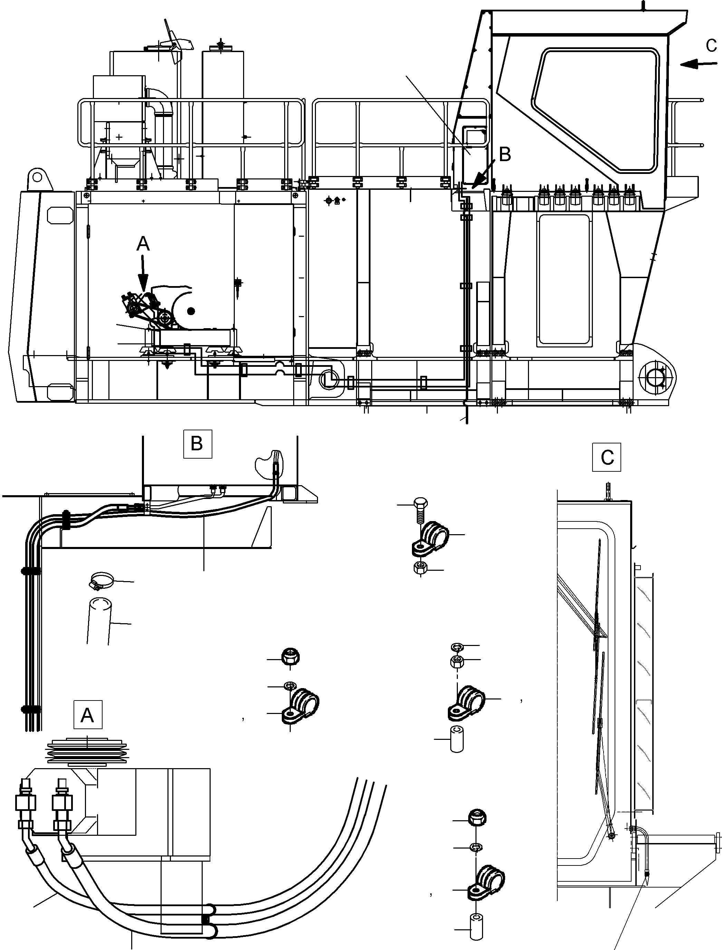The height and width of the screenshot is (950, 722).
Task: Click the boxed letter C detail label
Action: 606,457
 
